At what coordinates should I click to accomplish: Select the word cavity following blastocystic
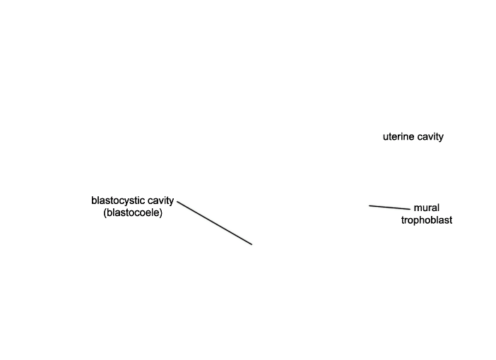pyautogui.click(x=160, y=200)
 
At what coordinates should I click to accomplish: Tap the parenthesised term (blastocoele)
pyautogui.click(x=133, y=212)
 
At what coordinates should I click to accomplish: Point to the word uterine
pyautogui.click(x=398, y=137)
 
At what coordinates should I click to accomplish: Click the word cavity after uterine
pyautogui.click(x=430, y=137)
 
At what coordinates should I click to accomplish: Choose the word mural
pyautogui.click(x=427, y=208)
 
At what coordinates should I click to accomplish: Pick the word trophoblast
pyautogui.click(x=427, y=220)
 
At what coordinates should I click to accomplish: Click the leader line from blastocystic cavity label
pyautogui.click(x=215, y=223)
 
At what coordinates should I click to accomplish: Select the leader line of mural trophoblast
pyautogui.click(x=389, y=208)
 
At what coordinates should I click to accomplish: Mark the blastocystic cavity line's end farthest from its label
pyautogui.click(x=252, y=244)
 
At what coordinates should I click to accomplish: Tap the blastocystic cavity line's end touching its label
pyautogui.click(x=178, y=202)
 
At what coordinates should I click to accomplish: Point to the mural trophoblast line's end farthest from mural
pyautogui.click(x=370, y=206)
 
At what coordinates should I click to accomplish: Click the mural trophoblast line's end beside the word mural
pyautogui.click(x=409, y=209)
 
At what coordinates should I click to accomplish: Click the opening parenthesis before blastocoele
pyautogui.click(x=105, y=212)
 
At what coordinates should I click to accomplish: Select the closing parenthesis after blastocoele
pyautogui.click(x=161, y=212)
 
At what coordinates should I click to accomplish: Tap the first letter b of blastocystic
pyautogui.click(x=94, y=200)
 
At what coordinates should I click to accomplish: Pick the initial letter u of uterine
pyautogui.click(x=386, y=137)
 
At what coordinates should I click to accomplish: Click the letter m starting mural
pyautogui.click(x=417, y=208)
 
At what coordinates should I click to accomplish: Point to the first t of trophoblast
pyautogui.click(x=403, y=220)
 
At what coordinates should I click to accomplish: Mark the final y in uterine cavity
pyautogui.click(x=441, y=138)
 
